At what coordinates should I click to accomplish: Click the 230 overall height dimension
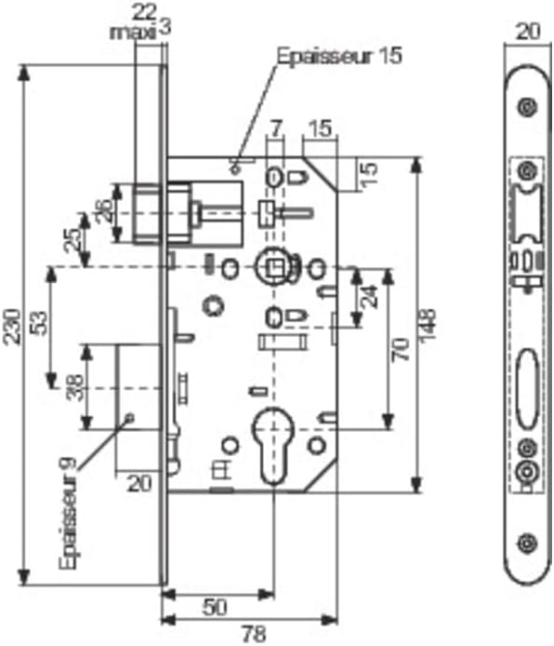pos(11,326)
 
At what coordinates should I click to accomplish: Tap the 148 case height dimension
pos(428,325)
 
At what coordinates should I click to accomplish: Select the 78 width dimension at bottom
pos(254,634)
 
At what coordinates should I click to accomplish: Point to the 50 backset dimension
pos(215,607)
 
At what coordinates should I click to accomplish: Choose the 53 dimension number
pos(40,323)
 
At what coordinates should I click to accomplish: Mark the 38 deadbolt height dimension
pos(75,387)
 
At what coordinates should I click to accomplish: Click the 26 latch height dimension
pos(104,211)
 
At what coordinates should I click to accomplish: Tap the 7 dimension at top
pos(275,129)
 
